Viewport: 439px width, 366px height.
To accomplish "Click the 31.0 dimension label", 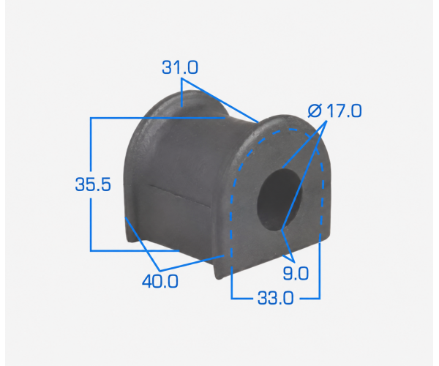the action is [180, 68].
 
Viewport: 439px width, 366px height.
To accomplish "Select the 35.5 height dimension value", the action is [93, 184].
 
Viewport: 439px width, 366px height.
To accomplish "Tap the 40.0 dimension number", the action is [160, 281].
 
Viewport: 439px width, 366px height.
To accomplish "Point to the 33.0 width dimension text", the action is [276, 298].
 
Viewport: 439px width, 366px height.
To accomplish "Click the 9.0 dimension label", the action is [296, 273].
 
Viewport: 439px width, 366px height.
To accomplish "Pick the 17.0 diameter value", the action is [344, 111].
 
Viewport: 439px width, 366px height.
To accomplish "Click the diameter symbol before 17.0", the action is [315, 111].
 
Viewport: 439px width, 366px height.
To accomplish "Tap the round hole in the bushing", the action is [279, 200].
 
